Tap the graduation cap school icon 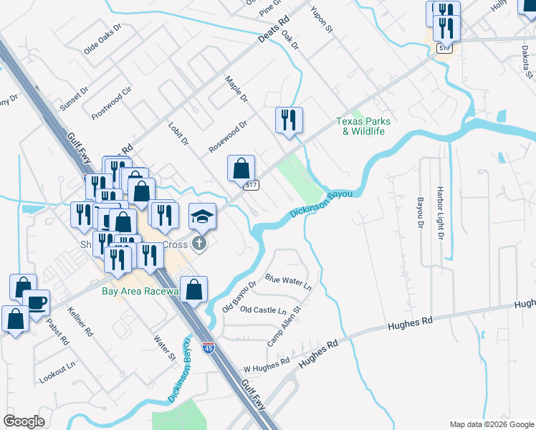tap(203, 216)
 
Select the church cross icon tap(199, 244)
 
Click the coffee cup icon tap(36, 302)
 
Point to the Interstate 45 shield tap(208, 348)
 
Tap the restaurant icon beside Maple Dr tap(289, 120)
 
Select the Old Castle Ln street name tap(263, 310)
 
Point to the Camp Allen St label tap(284, 323)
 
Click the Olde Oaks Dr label tap(103, 40)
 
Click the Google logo tap(24, 421)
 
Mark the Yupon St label tap(322, 19)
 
